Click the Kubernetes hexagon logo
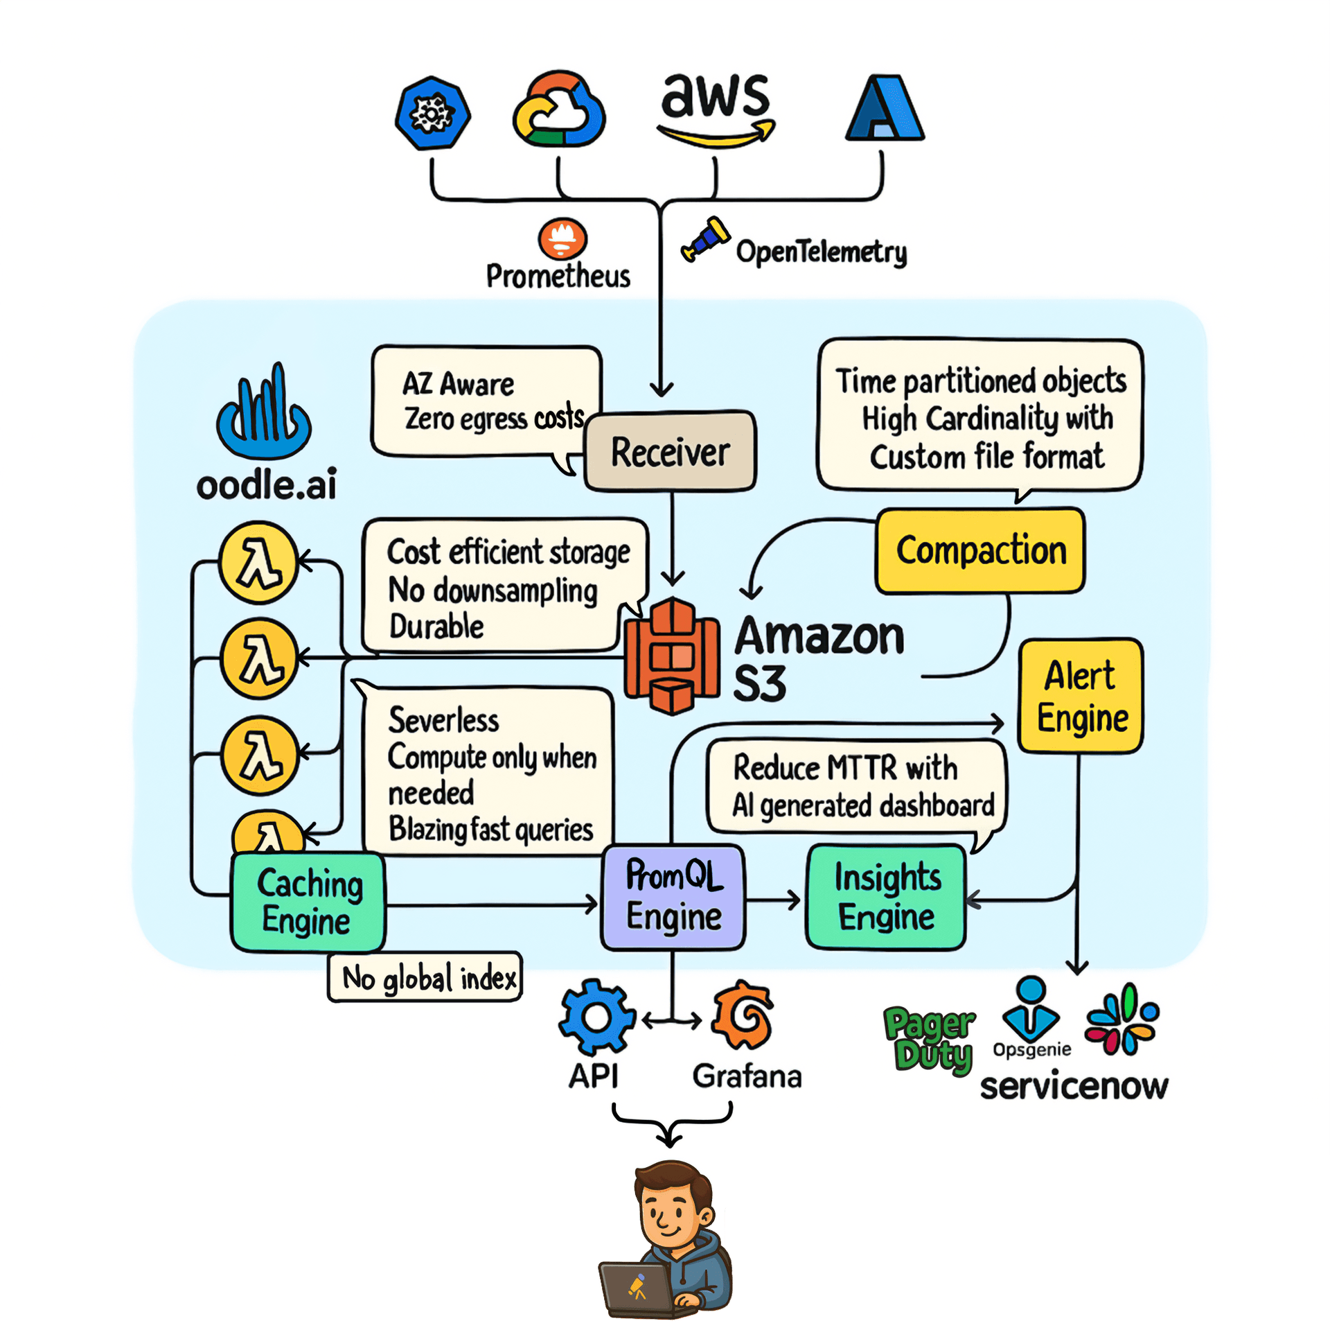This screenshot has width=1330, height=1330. click(x=432, y=112)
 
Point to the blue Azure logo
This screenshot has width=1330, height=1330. click(x=885, y=109)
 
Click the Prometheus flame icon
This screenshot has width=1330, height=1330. click(x=562, y=239)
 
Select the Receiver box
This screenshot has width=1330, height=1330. click(x=670, y=452)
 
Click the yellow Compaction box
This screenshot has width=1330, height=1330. click(x=979, y=550)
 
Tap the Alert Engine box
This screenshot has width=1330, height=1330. click(x=1080, y=695)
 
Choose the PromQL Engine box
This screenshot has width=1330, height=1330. click(x=673, y=896)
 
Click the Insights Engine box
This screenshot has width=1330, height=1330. click(x=886, y=896)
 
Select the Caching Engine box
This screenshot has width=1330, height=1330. click(x=308, y=901)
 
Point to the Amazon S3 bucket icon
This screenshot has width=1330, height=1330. click(x=671, y=655)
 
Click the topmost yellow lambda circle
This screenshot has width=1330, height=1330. click(x=259, y=562)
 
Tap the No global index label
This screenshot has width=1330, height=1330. click(x=425, y=977)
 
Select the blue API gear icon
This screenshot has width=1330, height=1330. click(x=596, y=1016)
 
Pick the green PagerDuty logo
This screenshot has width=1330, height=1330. click(x=930, y=1040)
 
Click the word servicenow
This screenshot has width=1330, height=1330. click(x=1073, y=1086)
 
